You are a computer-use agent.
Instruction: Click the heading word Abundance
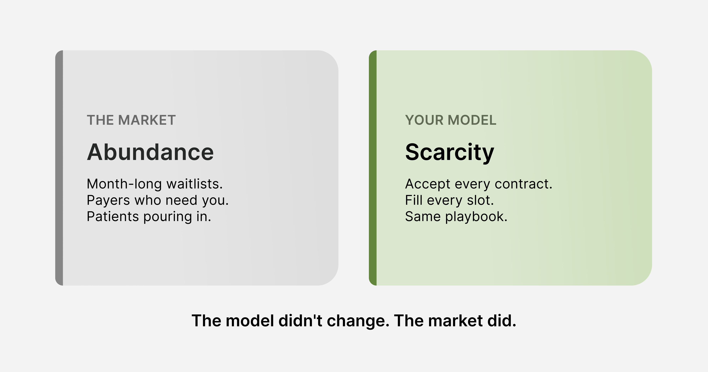click(150, 152)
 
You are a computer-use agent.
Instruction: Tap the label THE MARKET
click(131, 120)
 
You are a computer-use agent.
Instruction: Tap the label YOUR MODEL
click(451, 120)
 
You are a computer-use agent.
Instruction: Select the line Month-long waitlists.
click(155, 184)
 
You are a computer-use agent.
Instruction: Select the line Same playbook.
click(456, 216)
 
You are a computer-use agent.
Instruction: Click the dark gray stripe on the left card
click(59, 168)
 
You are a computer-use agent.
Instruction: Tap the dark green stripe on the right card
click(373, 168)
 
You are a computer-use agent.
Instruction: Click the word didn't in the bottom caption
click(300, 321)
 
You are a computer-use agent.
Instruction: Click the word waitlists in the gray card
click(195, 184)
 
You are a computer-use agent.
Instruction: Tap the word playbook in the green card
click(476, 216)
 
